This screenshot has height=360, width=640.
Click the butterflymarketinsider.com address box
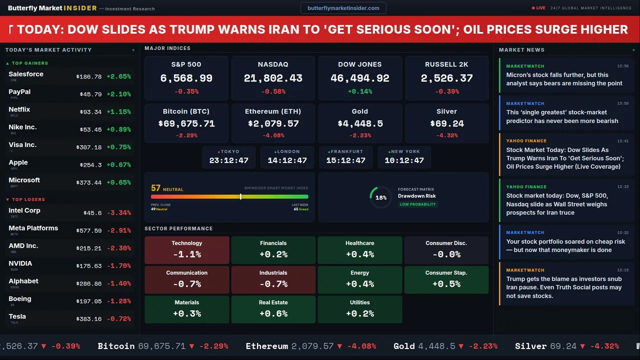tap(343, 8)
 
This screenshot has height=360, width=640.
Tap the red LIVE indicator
tap(538, 8)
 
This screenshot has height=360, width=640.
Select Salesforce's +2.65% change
tap(118, 76)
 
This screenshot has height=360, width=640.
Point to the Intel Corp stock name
tap(24, 210)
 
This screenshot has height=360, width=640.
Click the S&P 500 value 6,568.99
tap(186, 78)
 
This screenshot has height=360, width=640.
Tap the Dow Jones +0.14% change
tap(359, 91)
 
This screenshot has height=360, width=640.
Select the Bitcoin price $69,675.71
tap(186, 123)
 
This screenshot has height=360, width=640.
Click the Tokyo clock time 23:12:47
tap(228, 160)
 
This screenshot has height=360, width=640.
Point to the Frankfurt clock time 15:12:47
tap(345, 160)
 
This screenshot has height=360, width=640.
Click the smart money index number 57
tap(155, 188)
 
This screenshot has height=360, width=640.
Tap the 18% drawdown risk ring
tap(380, 197)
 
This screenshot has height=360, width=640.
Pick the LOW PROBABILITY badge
tap(417, 204)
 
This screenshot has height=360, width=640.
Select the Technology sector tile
tap(186, 249)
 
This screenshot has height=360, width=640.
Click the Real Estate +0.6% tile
tap(273, 309)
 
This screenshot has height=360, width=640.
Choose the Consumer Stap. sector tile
tap(446, 279)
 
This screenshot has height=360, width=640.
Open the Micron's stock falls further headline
tap(564, 79)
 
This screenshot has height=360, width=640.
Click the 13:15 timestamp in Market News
tap(622, 270)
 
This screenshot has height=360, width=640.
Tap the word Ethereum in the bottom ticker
tap(266, 346)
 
